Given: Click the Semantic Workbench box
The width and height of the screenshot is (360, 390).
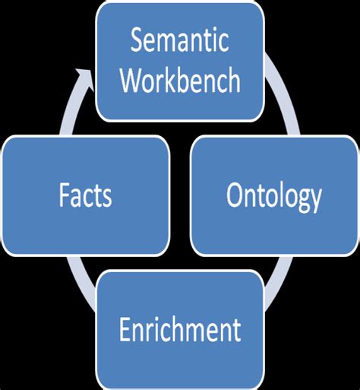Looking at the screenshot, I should (179, 62).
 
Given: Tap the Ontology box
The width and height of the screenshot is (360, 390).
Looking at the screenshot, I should (274, 195).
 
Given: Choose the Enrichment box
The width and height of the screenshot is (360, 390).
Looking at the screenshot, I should (179, 330).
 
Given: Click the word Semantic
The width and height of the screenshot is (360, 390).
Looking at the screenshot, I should (179, 40).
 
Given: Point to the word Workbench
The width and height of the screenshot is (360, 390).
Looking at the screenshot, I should (179, 80).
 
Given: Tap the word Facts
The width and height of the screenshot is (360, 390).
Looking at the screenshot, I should (86, 196).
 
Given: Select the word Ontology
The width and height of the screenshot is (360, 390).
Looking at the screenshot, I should (274, 197).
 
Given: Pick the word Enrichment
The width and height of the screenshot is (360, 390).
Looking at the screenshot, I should (179, 331).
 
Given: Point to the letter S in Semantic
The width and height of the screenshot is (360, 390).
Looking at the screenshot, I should (137, 40).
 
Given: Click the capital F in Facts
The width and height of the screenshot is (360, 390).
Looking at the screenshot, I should (63, 196).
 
